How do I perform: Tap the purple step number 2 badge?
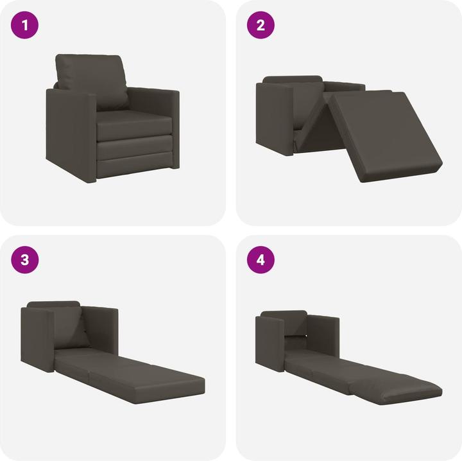(x=261, y=26)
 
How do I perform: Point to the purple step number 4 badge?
(x=261, y=260)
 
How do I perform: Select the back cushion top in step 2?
(x=292, y=80)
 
